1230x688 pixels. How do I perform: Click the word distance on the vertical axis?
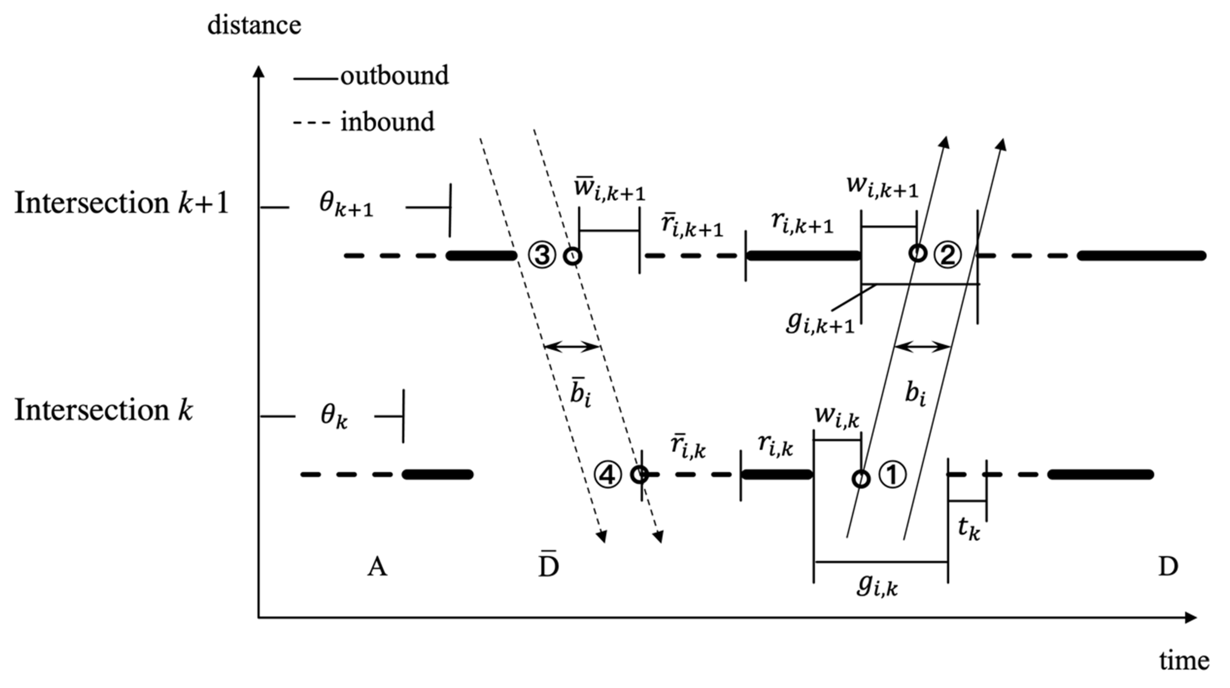tap(254, 25)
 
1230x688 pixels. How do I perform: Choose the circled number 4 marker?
tap(607, 475)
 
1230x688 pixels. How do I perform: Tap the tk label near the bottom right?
tap(969, 529)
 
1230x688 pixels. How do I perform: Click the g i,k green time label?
tap(877, 586)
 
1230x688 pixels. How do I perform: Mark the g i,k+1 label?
tap(819, 323)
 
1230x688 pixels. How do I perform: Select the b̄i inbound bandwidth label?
tap(580, 395)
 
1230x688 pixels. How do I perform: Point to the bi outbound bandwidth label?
tap(915, 394)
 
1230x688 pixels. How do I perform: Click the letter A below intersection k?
tap(377, 567)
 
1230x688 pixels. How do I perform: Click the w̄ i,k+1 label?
tap(609, 189)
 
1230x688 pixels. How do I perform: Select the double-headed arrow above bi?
tap(921, 347)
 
